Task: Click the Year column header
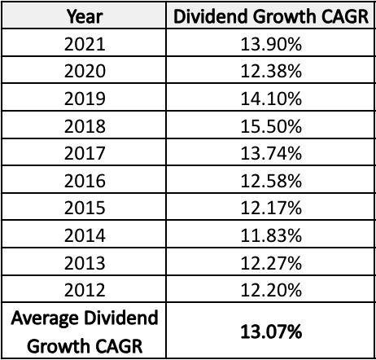pyautogui.click(x=84, y=15)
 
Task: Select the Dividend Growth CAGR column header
pyautogui.click(x=270, y=15)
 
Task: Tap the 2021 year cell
pyautogui.click(x=84, y=44)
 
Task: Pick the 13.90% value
pyautogui.click(x=270, y=44)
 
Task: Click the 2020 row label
pyautogui.click(x=84, y=71)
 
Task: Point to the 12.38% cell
pyautogui.click(x=270, y=71)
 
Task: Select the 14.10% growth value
pyautogui.click(x=270, y=99)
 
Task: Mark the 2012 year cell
pyautogui.click(x=84, y=290)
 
